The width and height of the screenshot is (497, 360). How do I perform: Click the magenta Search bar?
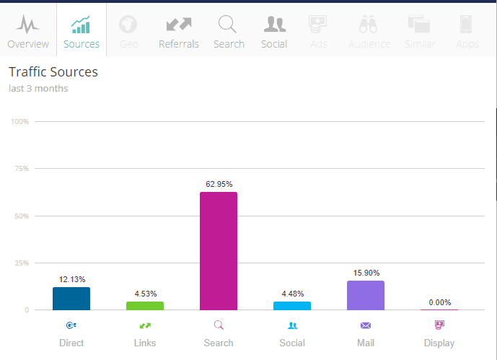pos(218,251)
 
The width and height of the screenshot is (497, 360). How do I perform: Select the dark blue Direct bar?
pos(71,299)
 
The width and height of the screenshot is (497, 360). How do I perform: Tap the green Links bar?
pos(145,306)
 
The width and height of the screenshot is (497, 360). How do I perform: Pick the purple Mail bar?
pos(366,296)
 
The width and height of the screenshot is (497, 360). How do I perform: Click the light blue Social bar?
pos(292,306)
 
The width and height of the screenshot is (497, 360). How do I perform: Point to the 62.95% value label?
pos(218,185)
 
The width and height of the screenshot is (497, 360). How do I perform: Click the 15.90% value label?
pos(366,273)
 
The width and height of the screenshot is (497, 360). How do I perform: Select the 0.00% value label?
pos(439,302)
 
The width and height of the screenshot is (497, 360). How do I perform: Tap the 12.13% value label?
pos(71,279)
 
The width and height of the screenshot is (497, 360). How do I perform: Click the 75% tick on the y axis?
pos(21,169)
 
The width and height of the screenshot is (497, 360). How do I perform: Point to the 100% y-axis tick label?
pos(19,121)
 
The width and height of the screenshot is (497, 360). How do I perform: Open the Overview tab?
pos(28,32)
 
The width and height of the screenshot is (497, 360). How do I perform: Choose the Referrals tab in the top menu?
pos(178,32)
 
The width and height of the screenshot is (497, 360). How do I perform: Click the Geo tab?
pos(128,32)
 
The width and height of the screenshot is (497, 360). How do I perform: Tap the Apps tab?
pos(467,32)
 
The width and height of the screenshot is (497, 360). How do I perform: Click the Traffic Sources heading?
pos(53,72)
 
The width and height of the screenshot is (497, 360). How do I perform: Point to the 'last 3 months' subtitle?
pos(38,89)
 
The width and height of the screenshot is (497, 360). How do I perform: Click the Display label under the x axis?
pos(439,343)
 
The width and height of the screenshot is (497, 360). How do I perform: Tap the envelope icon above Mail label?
pos(366,325)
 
